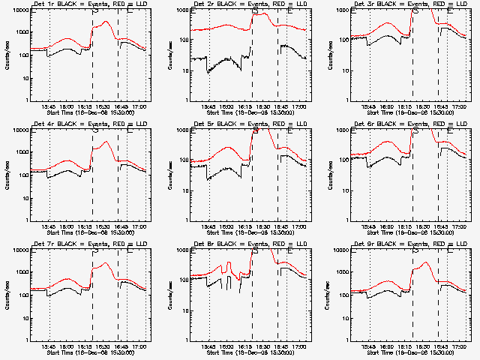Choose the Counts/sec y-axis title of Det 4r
7,175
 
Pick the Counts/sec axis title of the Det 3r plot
327,55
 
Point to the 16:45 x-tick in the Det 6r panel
438,227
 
